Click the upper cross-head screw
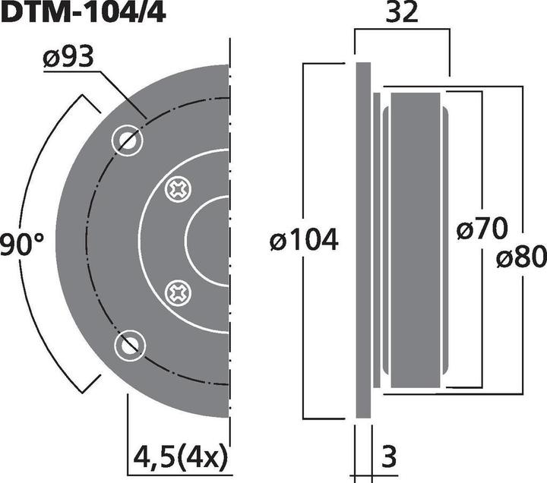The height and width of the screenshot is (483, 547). pos(179,188)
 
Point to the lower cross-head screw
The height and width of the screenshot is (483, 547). pos(179,292)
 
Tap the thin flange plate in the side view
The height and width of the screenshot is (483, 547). pos(363,241)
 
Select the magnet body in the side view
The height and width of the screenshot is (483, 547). pos(414,241)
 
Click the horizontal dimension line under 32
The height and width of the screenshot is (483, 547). pos(402,30)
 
